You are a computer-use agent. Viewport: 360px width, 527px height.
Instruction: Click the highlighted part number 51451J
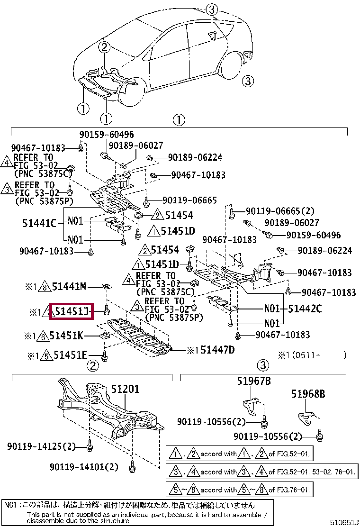coord(72,312)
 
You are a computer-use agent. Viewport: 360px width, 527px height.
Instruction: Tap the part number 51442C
coord(305,309)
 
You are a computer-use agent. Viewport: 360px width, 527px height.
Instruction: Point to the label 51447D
coord(217,350)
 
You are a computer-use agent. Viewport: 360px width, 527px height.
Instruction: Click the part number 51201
coord(126,389)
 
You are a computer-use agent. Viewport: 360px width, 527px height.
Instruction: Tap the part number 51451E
coord(70,354)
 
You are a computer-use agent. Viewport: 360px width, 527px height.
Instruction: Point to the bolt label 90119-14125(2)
coord(42,446)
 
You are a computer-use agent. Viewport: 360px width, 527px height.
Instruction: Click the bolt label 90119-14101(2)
coord(83,467)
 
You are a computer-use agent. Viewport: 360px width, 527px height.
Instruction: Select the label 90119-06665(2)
coord(280,211)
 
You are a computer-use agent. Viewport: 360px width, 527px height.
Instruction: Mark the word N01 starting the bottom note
coord(10,505)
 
